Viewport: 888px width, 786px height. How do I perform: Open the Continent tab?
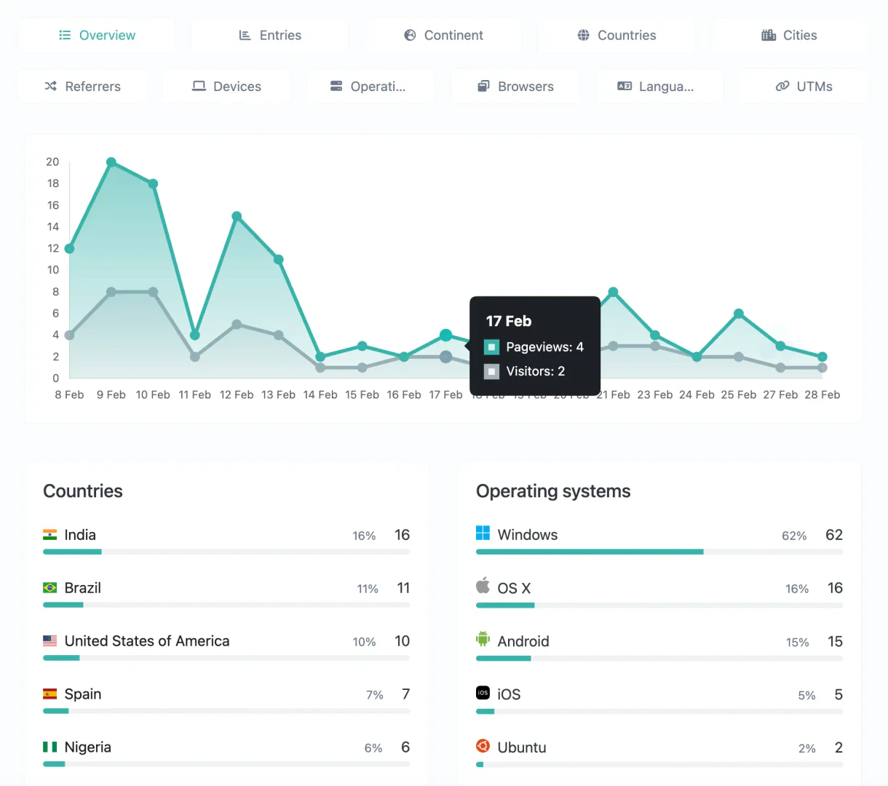[x=443, y=35]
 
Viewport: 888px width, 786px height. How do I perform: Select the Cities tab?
[x=789, y=35]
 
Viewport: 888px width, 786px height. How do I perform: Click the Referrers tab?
[x=82, y=87]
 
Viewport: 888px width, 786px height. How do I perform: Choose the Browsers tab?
[x=515, y=87]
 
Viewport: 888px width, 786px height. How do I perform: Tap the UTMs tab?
[x=804, y=87]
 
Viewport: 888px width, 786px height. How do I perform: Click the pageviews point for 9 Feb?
[x=111, y=162]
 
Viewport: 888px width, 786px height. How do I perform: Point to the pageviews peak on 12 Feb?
[x=237, y=216]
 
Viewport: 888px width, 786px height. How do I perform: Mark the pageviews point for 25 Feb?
[x=739, y=314]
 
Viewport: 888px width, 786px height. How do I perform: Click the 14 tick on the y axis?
[x=53, y=227]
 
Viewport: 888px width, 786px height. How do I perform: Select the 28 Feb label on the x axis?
[x=822, y=394]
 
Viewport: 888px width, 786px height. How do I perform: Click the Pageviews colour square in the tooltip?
[x=492, y=347]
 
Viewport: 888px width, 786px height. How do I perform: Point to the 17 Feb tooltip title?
[x=509, y=321]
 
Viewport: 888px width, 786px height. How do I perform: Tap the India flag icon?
[x=49, y=535]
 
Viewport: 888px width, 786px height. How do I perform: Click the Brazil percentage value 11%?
[x=368, y=589]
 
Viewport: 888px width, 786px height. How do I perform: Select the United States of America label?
[x=147, y=641]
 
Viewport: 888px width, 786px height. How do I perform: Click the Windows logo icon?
[x=483, y=533]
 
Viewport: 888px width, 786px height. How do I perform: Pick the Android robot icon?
[x=483, y=640]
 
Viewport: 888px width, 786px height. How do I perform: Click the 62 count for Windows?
[x=833, y=535]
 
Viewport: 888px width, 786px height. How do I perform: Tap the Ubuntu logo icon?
[x=483, y=746]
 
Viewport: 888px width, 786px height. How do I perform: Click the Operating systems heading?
[x=553, y=491]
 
